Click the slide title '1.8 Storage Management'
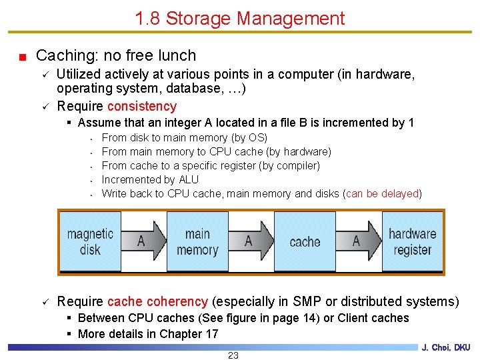click(x=240, y=18)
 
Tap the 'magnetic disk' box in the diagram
click(x=90, y=241)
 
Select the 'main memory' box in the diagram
click(x=197, y=241)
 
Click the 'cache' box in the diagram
click(x=305, y=241)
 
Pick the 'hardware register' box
click(x=412, y=241)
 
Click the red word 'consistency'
click(x=142, y=106)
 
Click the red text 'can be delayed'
click(x=382, y=193)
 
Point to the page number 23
click(x=233, y=355)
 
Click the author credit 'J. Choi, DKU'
click(x=445, y=347)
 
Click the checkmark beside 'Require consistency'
click(x=46, y=106)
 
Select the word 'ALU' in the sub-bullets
click(x=189, y=179)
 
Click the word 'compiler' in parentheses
click(x=297, y=165)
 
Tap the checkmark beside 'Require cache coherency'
click(x=46, y=301)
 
